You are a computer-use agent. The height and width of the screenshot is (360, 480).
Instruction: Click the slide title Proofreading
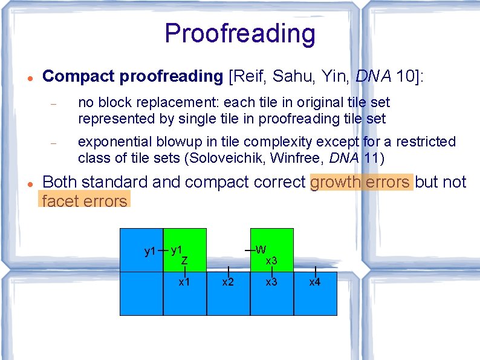pos(239,34)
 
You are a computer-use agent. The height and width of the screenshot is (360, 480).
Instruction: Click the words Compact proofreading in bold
pos(133,76)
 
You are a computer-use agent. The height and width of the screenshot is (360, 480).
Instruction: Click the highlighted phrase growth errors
pos(361,182)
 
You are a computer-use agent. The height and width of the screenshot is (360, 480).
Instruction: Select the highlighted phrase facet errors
pos(85,201)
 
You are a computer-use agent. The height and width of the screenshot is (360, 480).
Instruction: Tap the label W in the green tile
pos(261,249)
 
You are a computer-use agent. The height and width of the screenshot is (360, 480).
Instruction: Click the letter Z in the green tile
pos(184,260)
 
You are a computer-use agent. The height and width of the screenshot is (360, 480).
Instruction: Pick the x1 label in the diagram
pos(184,282)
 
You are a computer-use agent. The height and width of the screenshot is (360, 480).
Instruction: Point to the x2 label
pos(228,282)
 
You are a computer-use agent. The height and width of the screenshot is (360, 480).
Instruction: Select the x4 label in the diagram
pos(315,282)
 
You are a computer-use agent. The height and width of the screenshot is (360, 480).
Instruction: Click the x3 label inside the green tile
pos(271,261)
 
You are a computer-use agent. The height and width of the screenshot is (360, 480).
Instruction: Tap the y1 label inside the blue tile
pos(150,251)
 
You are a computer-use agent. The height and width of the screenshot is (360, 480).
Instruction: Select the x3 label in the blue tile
pos(271,282)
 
